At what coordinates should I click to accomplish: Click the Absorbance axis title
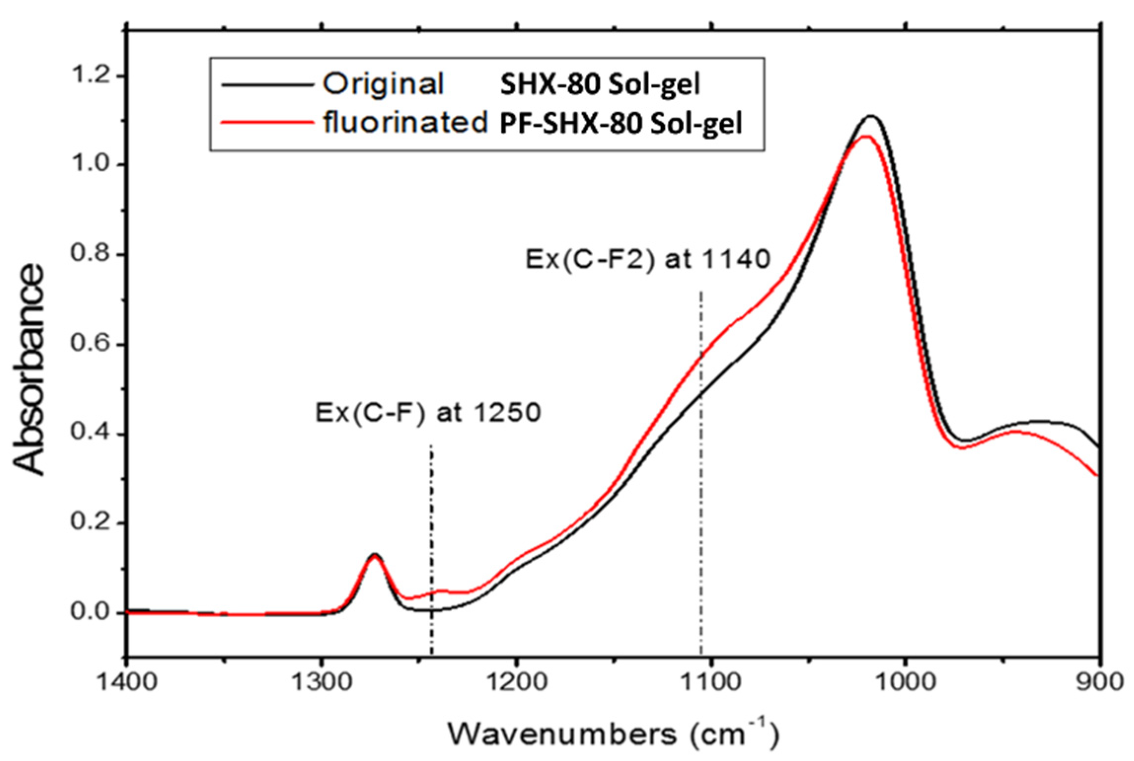point(30,370)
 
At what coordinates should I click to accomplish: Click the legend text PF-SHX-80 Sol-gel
point(621,124)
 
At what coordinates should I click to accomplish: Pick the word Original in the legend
point(383,85)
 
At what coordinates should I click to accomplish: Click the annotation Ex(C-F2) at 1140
point(647,259)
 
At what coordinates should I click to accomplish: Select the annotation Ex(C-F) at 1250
point(428,412)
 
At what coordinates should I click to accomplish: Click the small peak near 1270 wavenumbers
point(374,554)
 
